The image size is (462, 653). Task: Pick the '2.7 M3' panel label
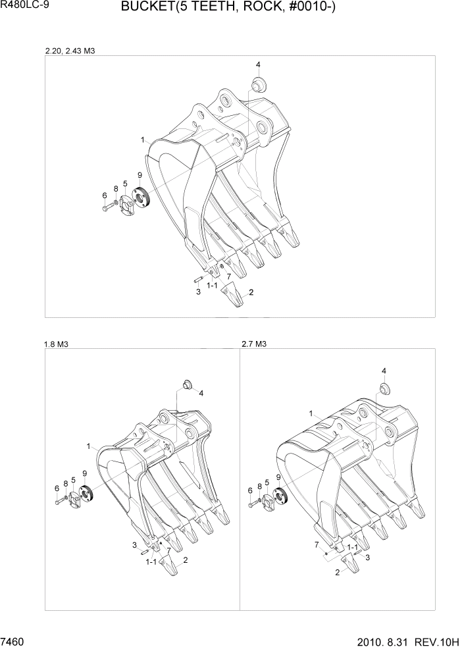254,344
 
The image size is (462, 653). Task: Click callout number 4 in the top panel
258,65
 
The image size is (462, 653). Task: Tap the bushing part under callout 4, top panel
257,85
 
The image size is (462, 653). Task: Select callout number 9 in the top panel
140,174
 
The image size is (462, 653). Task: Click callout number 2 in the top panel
251,292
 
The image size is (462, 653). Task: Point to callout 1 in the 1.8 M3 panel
88,446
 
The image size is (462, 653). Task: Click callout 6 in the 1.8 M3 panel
57,488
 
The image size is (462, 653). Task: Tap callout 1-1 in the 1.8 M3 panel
151,562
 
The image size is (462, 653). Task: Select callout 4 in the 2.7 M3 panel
384,371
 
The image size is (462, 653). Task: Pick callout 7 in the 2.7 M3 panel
317,544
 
